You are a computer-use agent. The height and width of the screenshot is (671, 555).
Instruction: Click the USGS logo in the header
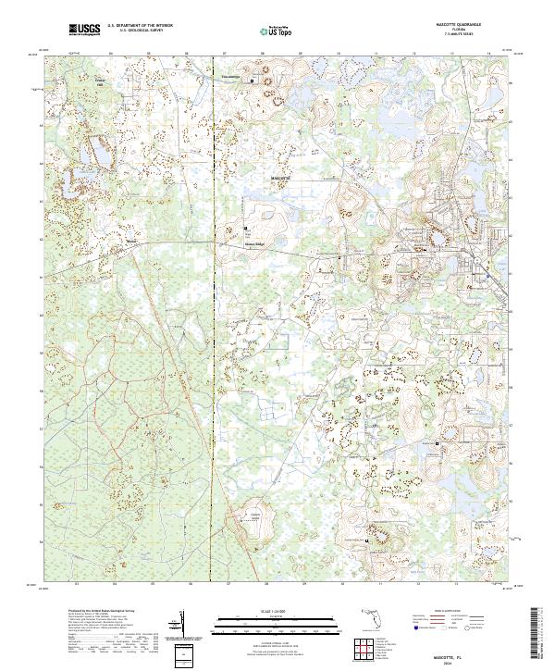[x=84, y=30]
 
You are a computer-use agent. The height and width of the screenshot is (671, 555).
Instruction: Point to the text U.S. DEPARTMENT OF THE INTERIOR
[x=140, y=26]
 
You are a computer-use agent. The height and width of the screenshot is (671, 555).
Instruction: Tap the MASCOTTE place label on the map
[x=280, y=175]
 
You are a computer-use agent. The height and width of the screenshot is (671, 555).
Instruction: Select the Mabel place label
[x=130, y=244]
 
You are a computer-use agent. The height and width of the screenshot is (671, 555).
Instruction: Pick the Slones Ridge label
[x=253, y=244]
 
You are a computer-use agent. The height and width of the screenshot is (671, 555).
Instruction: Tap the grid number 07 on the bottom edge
[x=228, y=584]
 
